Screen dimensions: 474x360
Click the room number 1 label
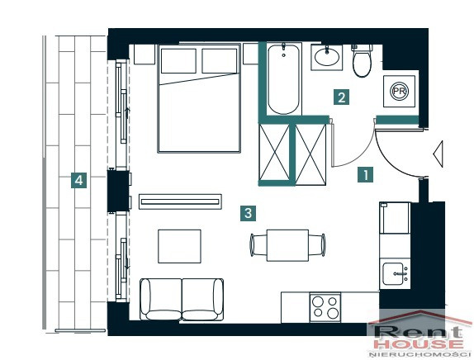click(x=365, y=174)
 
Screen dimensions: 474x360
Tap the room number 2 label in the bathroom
click(x=342, y=97)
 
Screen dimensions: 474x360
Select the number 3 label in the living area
click(x=248, y=213)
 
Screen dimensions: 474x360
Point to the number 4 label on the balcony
click(x=79, y=180)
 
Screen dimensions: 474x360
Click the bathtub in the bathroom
click(x=284, y=79)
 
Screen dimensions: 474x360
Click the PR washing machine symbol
click(x=399, y=91)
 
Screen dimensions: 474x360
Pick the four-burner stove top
click(x=325, y=307)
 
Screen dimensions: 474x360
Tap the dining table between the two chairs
click(x=287, y=245)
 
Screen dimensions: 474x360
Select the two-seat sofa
click(x=182, y=299)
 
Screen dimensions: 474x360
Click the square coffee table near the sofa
click(x=179, y=246)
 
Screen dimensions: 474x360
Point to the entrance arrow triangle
click(x=438, y=154)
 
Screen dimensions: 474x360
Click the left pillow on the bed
click(x=178, y=61)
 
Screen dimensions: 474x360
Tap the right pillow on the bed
click(x=219, y=61)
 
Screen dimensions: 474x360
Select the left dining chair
click(x=258, y=245)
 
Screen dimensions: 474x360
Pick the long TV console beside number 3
click(x=180, y=201)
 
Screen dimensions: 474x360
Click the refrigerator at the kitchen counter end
click(x=395, y=218)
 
